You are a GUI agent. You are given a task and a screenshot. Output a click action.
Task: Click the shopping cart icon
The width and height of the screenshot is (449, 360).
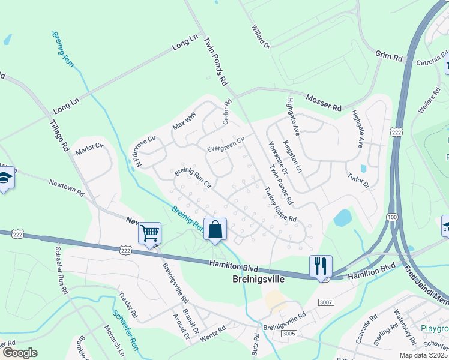149,232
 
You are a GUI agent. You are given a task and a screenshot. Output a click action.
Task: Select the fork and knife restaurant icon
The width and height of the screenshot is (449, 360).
320,265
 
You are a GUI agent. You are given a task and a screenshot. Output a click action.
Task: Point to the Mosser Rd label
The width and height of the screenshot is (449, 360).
324,102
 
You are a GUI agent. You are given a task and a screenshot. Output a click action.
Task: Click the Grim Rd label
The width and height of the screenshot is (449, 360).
389,56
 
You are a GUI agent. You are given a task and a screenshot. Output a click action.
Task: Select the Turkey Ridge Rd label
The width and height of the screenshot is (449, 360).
280,205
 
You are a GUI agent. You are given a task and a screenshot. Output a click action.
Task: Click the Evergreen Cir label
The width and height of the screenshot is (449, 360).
226,145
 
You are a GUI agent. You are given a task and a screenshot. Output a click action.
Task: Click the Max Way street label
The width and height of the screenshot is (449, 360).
184,122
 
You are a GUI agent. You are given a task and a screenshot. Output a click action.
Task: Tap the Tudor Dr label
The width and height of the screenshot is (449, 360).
358,181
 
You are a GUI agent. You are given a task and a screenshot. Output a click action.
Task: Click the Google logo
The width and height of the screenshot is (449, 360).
19,353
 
